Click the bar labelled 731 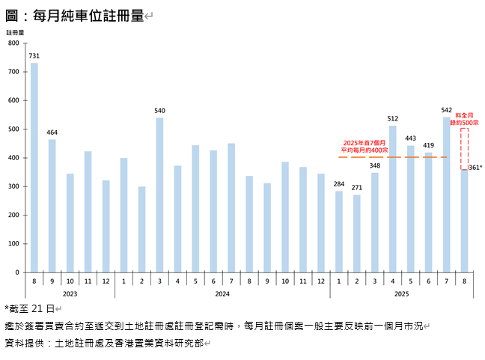(34, 168)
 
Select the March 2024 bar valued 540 (159, 195)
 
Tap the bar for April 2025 (392, 199)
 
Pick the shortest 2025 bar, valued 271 (356, 234)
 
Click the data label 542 (446, 110)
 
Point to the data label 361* (475, 168)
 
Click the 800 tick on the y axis (13, 43)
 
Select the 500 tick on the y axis (13, 129)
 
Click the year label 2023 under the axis (70, 294)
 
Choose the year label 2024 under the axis (222, 294)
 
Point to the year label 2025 (401, 294)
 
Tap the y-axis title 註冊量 (15, 33)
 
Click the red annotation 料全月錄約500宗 (465, 118)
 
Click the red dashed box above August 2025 (465, 148)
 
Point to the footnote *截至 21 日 (30, 308)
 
